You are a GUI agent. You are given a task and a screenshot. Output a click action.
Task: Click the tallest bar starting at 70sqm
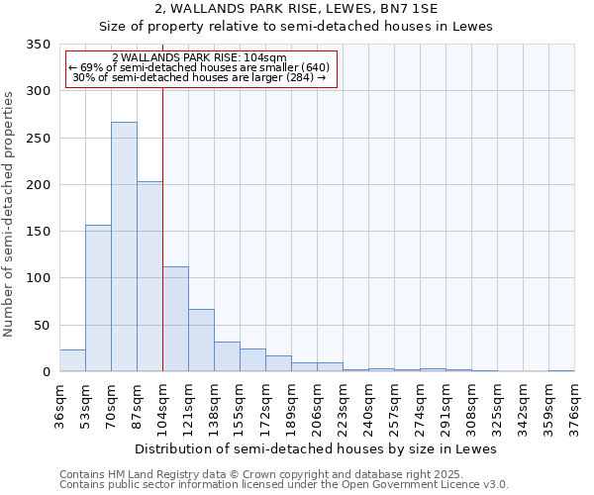click(x=124, y=247)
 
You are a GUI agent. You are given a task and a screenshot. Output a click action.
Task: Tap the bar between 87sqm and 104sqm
click(x=149, y=277)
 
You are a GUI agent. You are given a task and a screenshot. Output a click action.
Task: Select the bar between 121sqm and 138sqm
click(x=201, y=341)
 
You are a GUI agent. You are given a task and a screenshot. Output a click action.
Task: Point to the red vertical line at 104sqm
click(x=162, y=218)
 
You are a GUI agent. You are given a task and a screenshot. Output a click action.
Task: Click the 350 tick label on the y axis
click(x=38, y=45)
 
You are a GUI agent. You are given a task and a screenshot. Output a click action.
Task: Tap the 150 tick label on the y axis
click(x=38, y=232)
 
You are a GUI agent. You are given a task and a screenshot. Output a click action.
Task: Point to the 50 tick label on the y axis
click(x=42, y=326)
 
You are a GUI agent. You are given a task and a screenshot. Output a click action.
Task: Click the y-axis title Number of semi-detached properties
click(x=9, y=214)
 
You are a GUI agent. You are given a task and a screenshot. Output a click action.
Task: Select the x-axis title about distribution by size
click(x=315, y=448)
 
